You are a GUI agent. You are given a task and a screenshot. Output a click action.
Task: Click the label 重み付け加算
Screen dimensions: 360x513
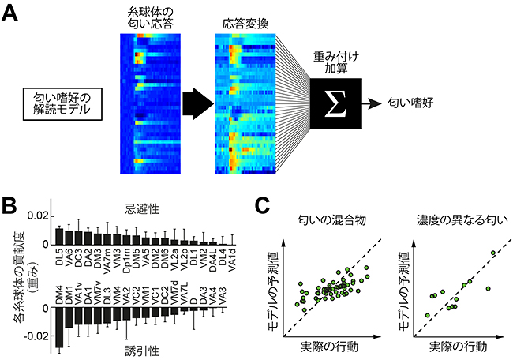pyautogui.click(x=335, y=55)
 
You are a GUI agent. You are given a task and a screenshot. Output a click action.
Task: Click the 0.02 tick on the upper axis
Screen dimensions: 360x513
pyautogui.click(x=38, y=215)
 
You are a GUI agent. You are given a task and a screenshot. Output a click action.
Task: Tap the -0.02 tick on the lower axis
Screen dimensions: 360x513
pyautogui.click(x=36, y=337)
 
